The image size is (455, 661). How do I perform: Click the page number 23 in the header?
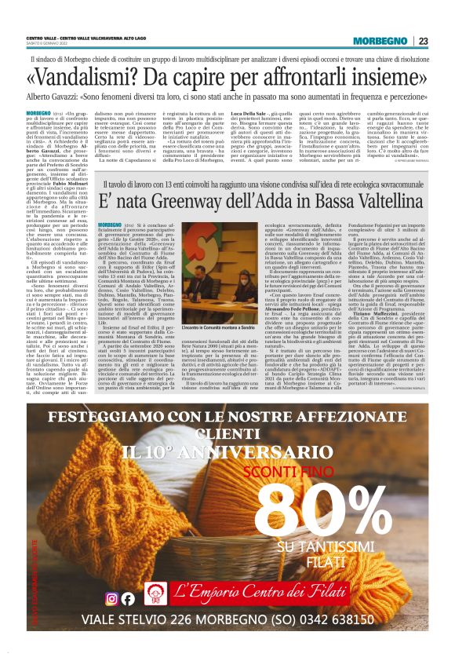tap(424, 40)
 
